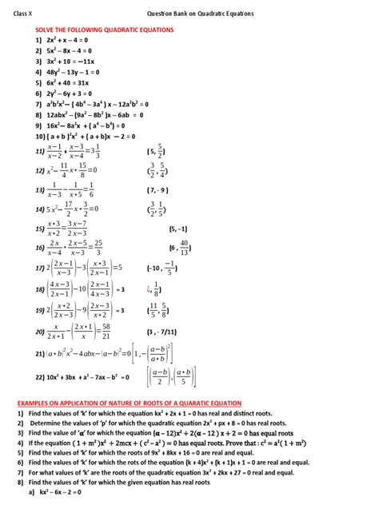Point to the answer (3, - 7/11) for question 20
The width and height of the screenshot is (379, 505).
(186, 329)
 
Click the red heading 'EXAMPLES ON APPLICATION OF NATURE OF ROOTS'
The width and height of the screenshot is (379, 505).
(128, 404)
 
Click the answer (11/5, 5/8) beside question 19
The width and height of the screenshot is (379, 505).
(182, 308)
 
